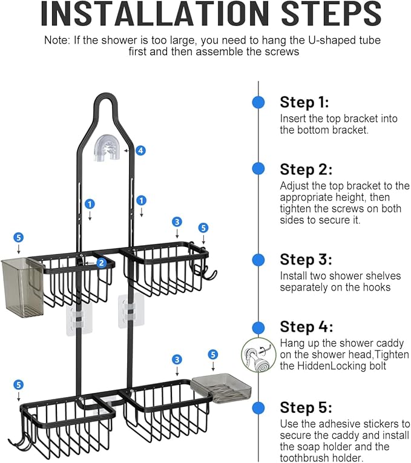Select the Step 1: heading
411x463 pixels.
[x=304, y=102]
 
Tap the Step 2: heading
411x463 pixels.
[x=306, y=169]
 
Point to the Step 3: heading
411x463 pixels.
[x=306, y=260]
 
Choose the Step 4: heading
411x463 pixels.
[x=306, y=327]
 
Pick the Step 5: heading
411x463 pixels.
[x=306, y=407]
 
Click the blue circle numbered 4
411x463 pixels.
[x=140, y=150]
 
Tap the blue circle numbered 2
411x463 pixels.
[x=102, y=263]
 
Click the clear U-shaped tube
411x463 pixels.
[x=109, y=149]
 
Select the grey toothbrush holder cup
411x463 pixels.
[x=22, y=287]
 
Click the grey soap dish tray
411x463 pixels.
[x=221, y=387]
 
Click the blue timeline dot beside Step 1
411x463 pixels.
[x=258, y=102]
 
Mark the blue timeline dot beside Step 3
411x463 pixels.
[x=258, y=260]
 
